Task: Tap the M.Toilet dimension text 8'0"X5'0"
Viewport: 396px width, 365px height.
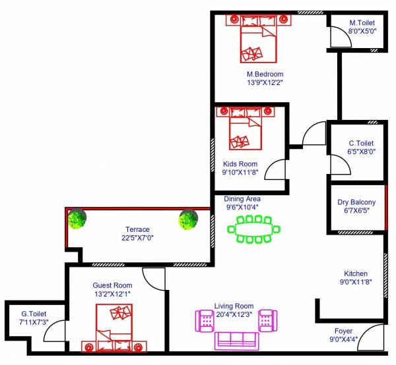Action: point(362,30)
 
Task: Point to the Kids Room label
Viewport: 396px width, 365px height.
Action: point(240,164)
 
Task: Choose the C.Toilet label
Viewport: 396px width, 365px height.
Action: point(361,143)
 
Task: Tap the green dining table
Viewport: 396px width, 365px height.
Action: point(254,231)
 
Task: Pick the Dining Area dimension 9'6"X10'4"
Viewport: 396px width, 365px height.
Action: point(243,207)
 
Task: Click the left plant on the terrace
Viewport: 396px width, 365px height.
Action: point(78,219)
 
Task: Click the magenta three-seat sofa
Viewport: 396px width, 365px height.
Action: point(235,340)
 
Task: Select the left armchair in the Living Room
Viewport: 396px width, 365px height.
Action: point(205,321)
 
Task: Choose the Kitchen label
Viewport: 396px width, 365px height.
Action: point(356,273)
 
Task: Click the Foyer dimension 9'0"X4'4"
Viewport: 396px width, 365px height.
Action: point(343,340)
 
